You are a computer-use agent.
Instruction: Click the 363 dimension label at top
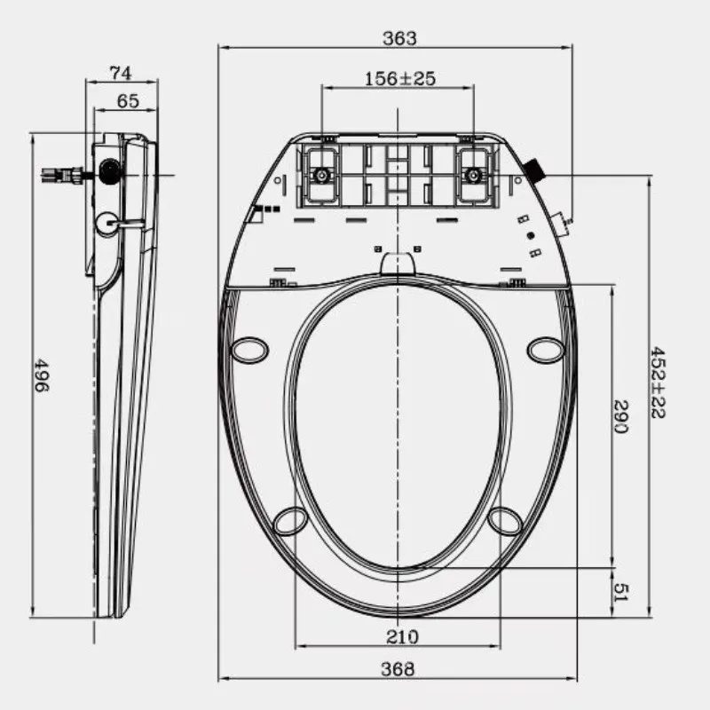click(x=399, y=38)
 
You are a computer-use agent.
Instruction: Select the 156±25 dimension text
click(x=399, y=79)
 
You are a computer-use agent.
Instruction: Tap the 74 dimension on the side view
click(x=122, y=72)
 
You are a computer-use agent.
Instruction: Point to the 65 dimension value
click(x=127, y=101)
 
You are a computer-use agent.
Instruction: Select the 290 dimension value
click(x=621, y=418)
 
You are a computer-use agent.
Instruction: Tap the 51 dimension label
click(x=621, y=590)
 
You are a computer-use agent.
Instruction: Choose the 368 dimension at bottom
click(x=398, y=669)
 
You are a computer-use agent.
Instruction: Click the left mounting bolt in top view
click(x=320, y=174)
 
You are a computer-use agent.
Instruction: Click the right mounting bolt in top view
click(x=474, y=174)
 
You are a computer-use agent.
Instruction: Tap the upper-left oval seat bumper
click(x=249, y=349)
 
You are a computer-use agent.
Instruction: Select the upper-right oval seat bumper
click(x=545, y=350)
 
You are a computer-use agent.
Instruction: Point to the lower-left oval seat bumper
click(x=290, y=521)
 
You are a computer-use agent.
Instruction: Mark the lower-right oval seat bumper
click(x=505, y=521)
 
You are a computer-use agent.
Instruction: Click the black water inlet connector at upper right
click(x=535, y=169)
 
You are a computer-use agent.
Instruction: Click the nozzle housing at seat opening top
click(x=398, y=263)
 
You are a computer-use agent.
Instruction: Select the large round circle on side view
click(x=106, y=223)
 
